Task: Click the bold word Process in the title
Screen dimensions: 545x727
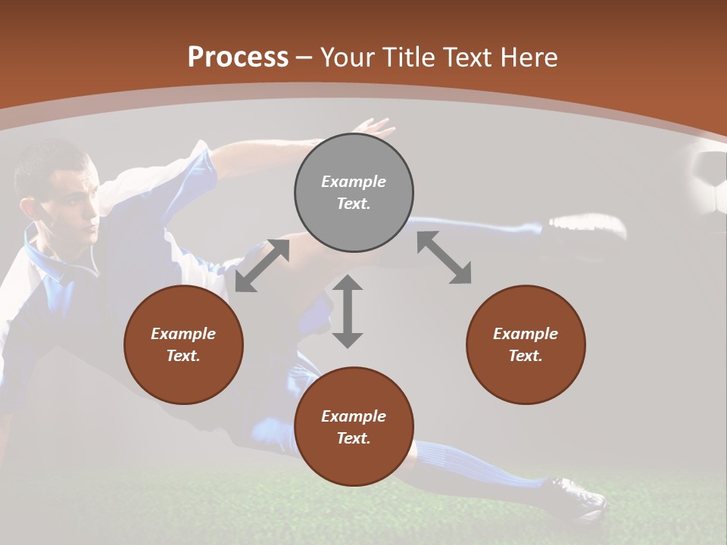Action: click(x=238, y=58)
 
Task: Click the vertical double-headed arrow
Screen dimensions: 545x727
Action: click(x=348, y=311)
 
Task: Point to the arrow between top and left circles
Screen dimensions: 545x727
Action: click(x=262, y=266)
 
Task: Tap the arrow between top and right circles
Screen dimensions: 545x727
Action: click(x=444, y=258)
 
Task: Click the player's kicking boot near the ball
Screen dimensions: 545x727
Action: click(x=587, y=225)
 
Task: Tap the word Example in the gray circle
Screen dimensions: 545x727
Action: click(x=354, y=182)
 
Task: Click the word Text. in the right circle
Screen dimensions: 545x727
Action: click(x=526, y=356)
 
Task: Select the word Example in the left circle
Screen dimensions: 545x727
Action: click(x=183, y=334)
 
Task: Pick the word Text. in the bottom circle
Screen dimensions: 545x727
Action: click(x=354, y=438)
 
